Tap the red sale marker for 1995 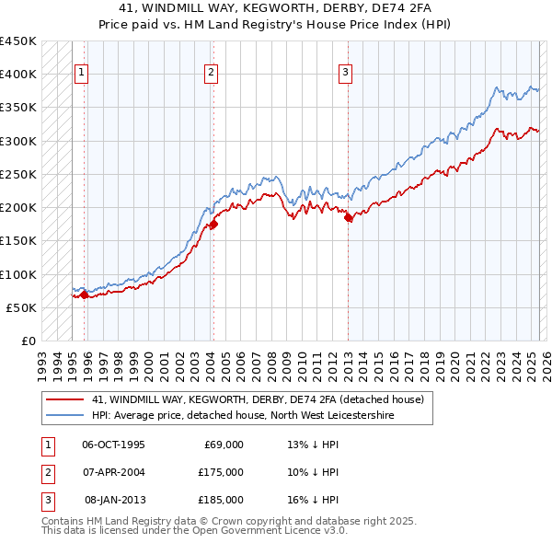(x=84, y=295)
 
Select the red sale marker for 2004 (x=213, y=224)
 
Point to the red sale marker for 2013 (x=349, y=218)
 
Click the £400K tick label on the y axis (x=18, y=75)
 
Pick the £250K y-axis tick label (x=18, y=174)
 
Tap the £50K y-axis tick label (x=22, y=307)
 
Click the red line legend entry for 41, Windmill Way (x=258, y=399)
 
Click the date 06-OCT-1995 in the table (x=113, y=445)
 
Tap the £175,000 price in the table (x=221, y=472)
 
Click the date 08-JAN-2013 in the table (x=114, y=500)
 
